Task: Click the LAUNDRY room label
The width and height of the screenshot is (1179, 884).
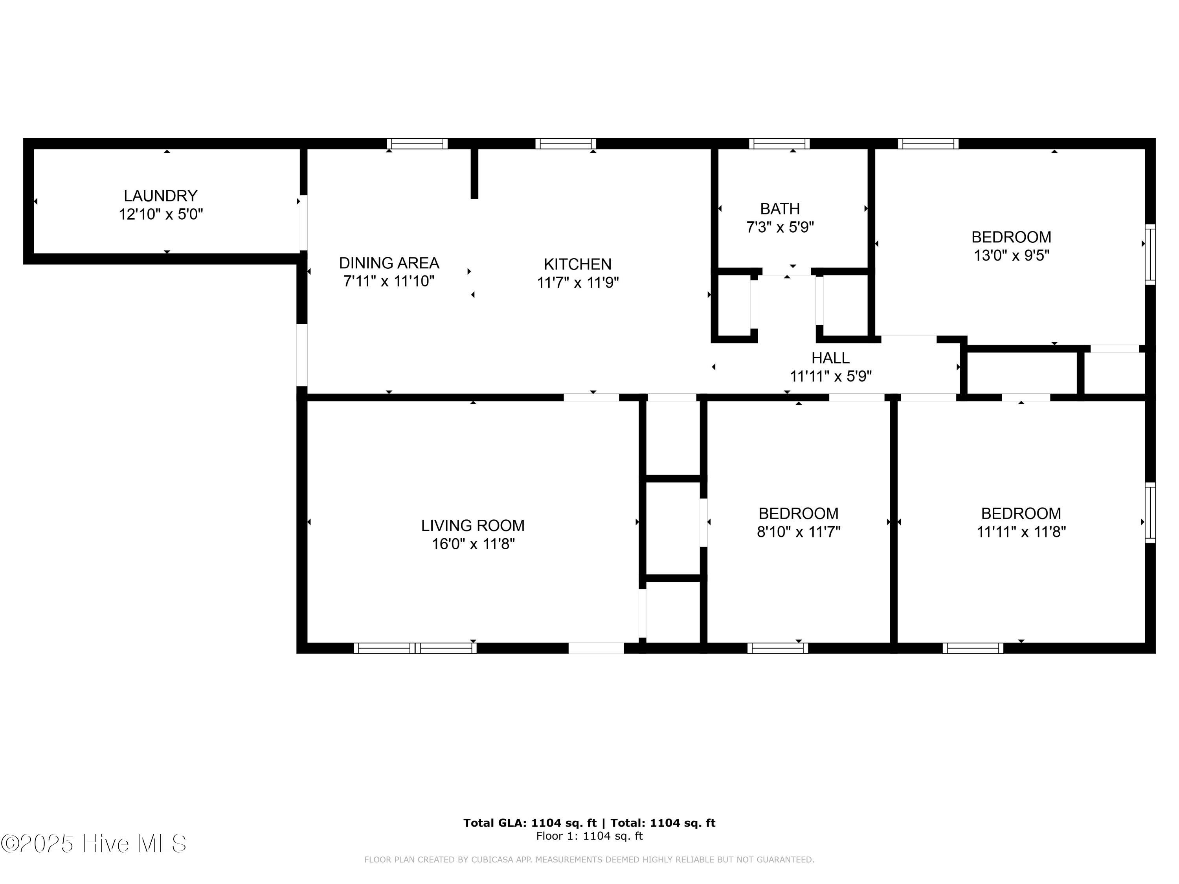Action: tap(160, 196)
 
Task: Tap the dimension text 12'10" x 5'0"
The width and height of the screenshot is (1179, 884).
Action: tap(160, 214)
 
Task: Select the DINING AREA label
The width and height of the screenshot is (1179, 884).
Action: tap(389, 263)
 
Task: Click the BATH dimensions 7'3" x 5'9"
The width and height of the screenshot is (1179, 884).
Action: tap(780, 227)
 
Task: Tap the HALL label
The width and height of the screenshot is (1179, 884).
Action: tap(830, 358)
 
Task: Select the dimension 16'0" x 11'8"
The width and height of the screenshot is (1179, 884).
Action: tap(473, 544)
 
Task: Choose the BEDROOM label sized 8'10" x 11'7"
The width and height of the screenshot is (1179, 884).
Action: tap(798, 513)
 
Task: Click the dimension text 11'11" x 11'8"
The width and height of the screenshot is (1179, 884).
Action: tap(1021, 532)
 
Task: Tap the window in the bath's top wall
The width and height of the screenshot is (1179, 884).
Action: tap(779, 143)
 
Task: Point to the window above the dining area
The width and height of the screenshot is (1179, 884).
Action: tap(417, 143)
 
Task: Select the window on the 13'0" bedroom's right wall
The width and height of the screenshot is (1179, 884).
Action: tap(1150, 254)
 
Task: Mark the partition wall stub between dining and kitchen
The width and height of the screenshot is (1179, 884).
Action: tap(474, 173)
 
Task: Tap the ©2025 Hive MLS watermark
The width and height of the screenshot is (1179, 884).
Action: tap(94, 844)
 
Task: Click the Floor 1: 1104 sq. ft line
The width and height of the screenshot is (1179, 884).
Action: tap(589, 836)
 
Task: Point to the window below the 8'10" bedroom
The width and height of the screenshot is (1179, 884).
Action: tap(777, 648)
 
